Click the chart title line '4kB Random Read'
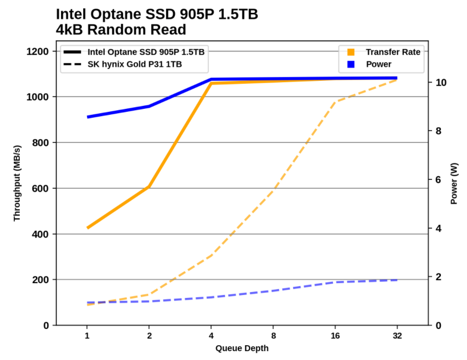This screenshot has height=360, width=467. [121, 30]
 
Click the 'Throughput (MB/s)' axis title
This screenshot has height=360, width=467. [17, 183]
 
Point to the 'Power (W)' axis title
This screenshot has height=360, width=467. [454, 184]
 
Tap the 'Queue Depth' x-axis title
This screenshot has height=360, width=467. [242, 349]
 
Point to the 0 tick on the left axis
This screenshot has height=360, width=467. [46, 326]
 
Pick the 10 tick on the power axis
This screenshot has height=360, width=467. [438, 82]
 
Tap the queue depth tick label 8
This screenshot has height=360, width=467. [273, 336]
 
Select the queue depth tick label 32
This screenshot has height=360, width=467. [397, 336]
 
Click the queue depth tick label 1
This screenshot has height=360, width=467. [87, 336]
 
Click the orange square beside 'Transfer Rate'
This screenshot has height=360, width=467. [351, 52]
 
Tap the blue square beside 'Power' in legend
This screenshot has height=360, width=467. [351, 64]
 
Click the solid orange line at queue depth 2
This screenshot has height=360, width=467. [149, 187]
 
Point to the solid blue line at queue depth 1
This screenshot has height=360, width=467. [88, 117]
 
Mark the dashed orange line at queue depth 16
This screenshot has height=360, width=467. [335, 102]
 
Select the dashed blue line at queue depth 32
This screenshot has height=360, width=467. [397, 280]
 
